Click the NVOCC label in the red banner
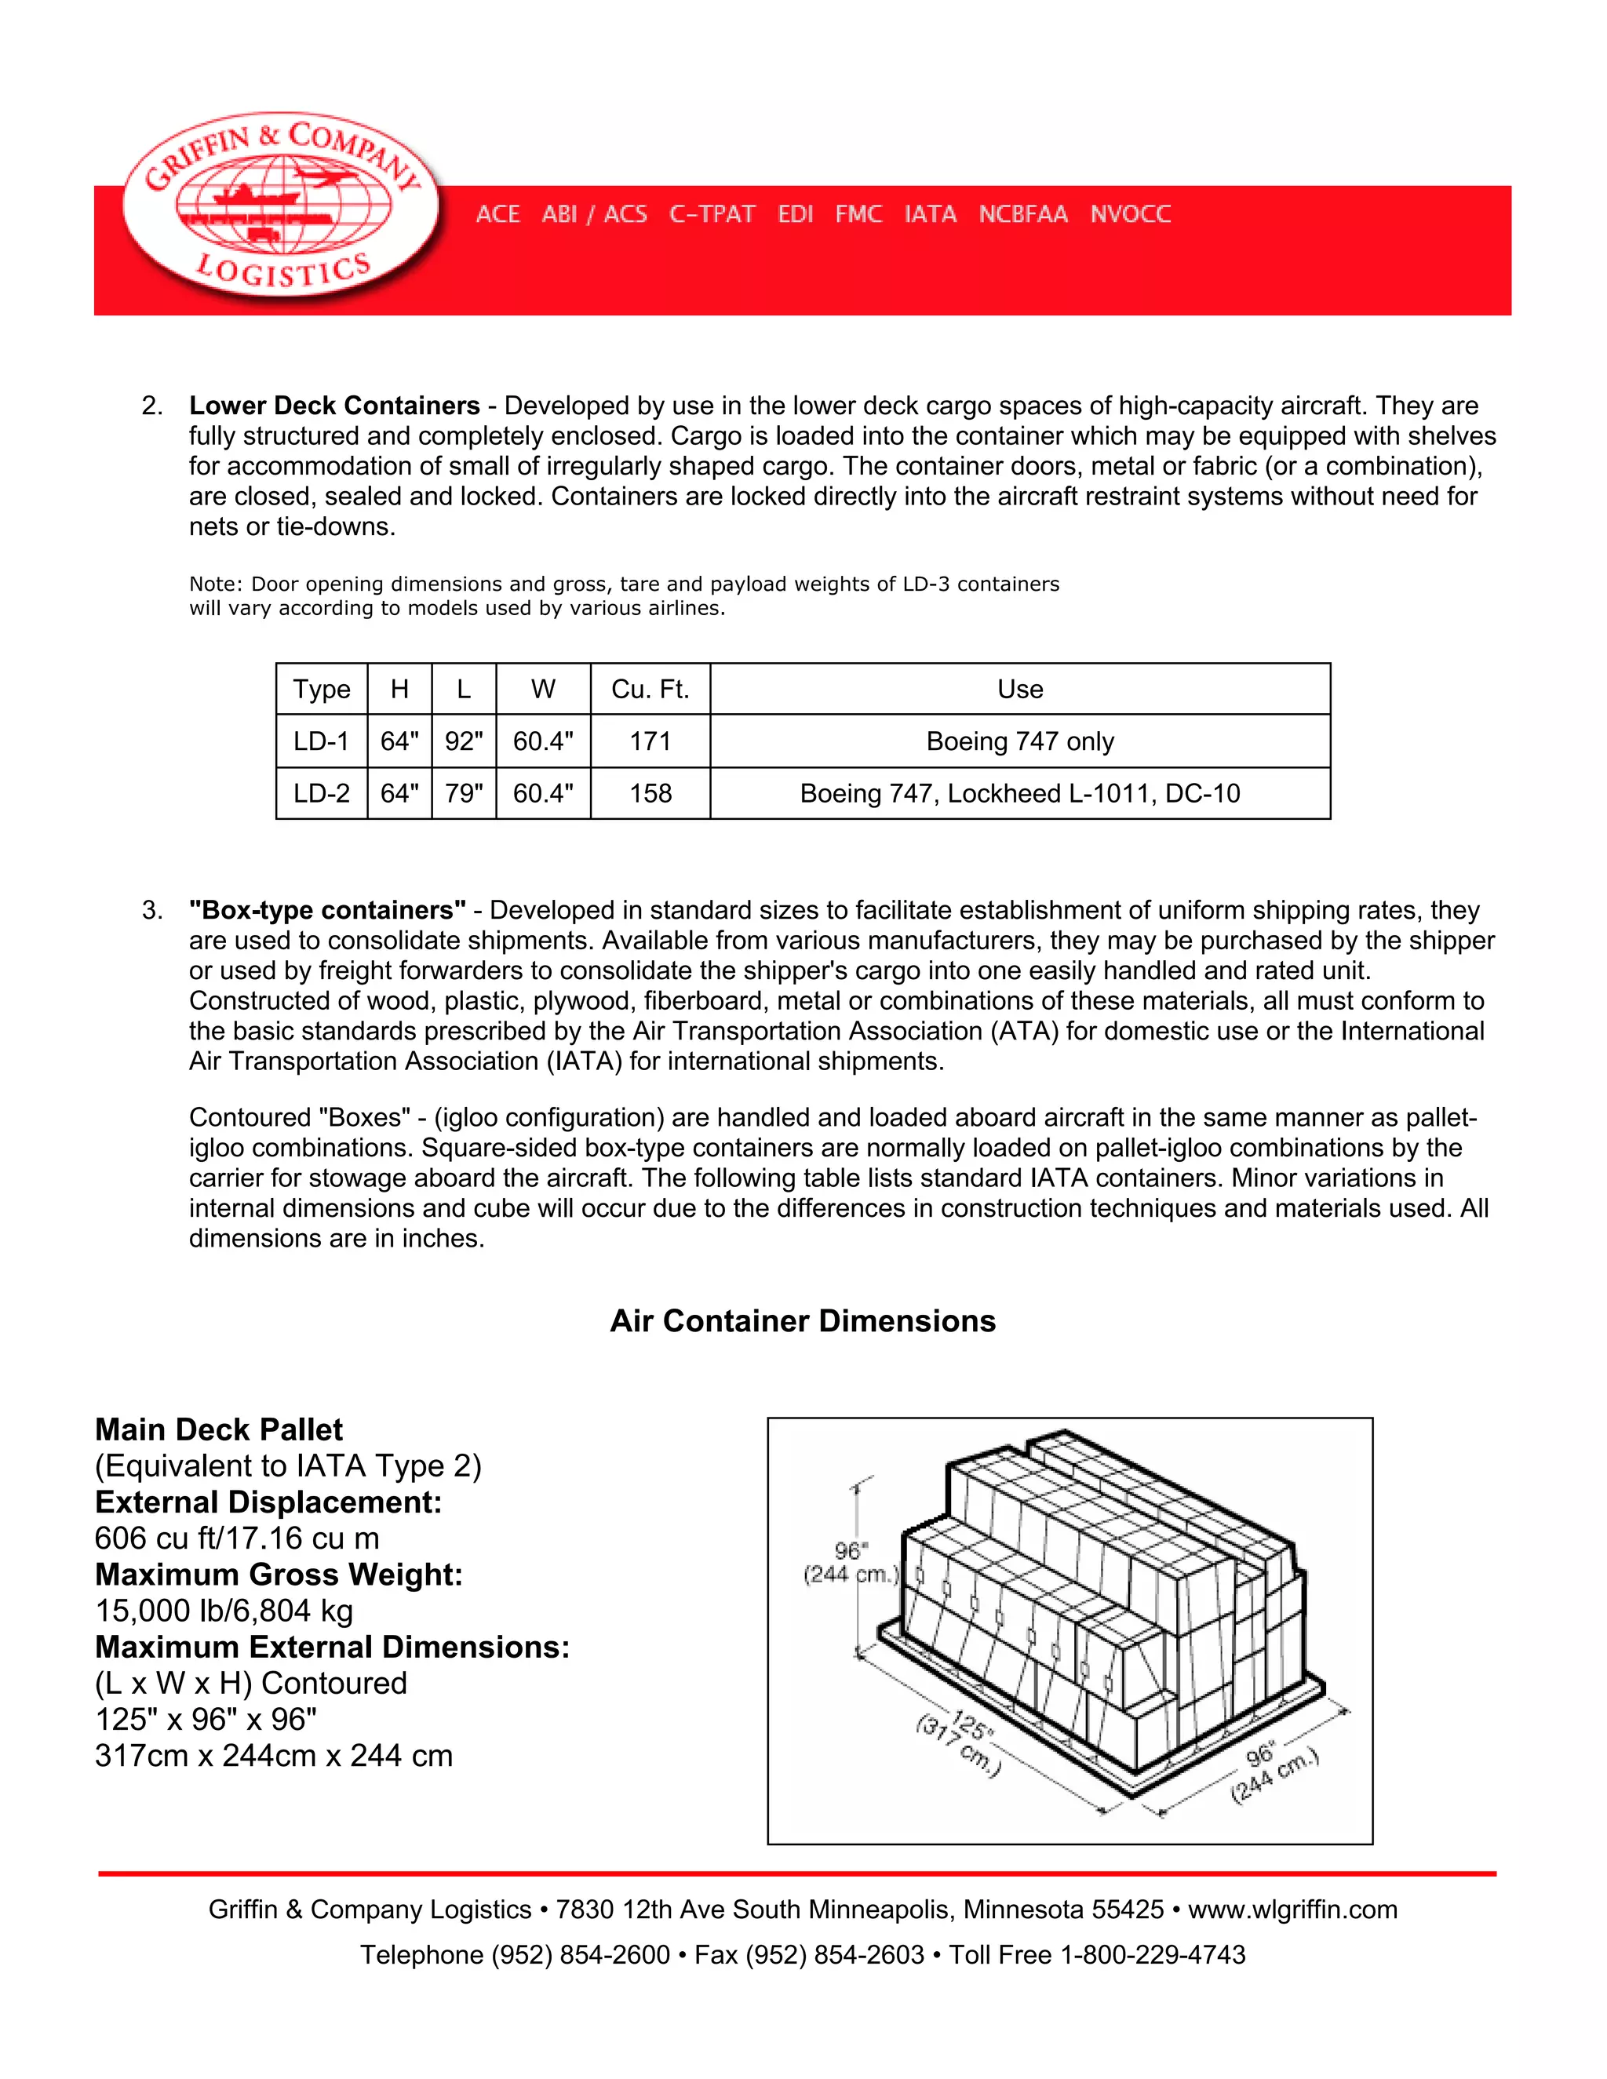(x=1130, y=214)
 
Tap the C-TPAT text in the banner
(x=712, y=214)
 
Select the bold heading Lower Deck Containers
(x=334, y=406)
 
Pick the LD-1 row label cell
(x=321, y=741)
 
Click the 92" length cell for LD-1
(x=464, y=741)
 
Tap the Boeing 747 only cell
(x=1019, y=741)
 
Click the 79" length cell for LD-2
(x=464, y=794)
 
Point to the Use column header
(x=1019, y=689)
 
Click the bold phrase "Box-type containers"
(x=327, y=910)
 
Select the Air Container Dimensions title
(x=803, y=1321)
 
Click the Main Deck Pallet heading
(x=219, y=1429)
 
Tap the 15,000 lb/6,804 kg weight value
(x=224, y=1611)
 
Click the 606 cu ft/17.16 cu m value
(x=237, y=1538)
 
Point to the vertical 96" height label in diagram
(x=850, y=1561)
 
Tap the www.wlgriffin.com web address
(x=1292, y=1910)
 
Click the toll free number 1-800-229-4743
(x=1152, y=1955)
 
